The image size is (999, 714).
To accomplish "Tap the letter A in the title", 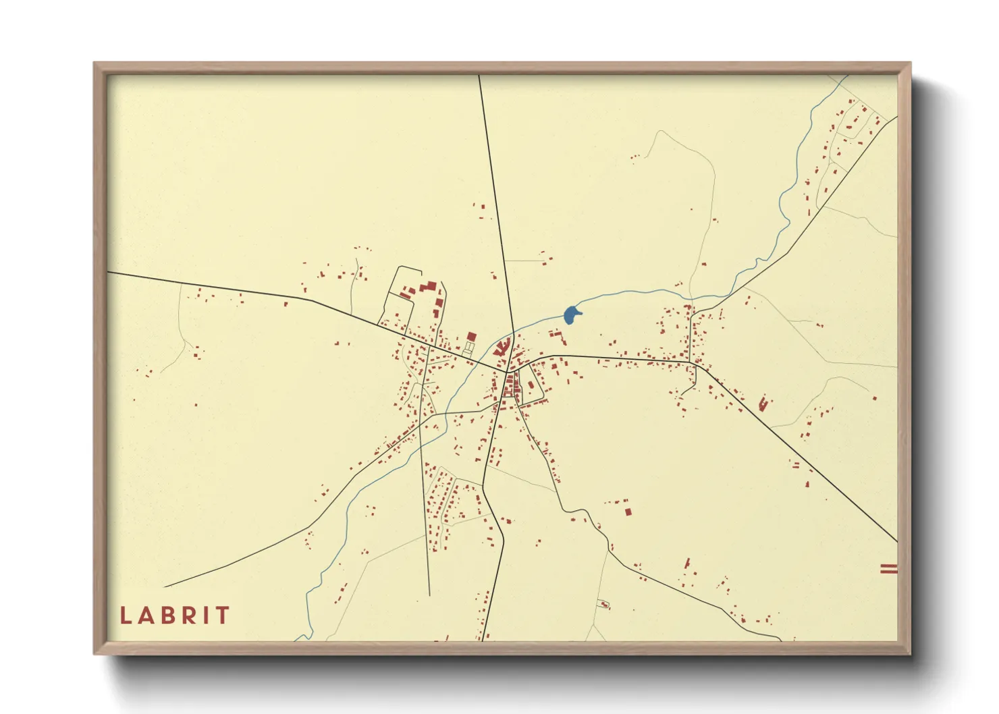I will click(146, 615).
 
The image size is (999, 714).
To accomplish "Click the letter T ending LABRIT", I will click(223, 615).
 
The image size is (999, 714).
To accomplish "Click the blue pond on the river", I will click(571, 314).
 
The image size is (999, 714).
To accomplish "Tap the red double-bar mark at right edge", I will click(888, 569).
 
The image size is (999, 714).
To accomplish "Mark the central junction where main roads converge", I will click(507, 371).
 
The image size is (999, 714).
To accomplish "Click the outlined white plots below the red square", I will click(467, 350).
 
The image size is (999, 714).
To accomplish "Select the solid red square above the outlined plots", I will click(471, 336).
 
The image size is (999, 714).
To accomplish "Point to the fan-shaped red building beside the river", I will click(502, 348).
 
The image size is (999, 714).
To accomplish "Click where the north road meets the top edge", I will click(479, 76).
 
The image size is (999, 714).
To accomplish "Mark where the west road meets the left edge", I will click(109, 273).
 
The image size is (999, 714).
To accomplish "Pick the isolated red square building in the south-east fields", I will click(628, 512).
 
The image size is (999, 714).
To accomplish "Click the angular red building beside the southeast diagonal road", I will click(764, 404).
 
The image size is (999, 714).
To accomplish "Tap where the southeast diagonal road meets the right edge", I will click(896, 541).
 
